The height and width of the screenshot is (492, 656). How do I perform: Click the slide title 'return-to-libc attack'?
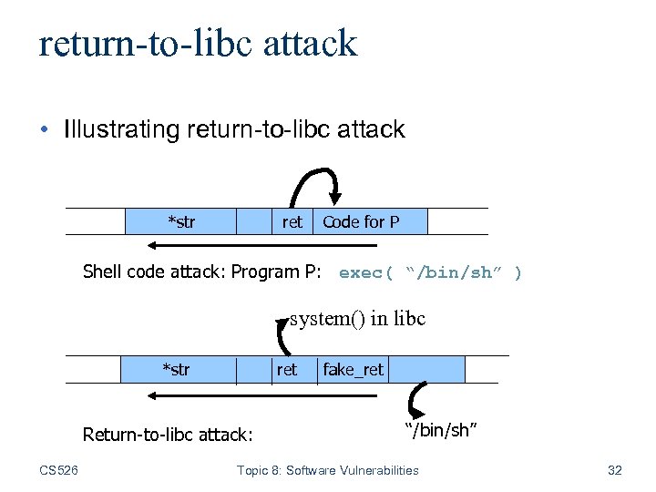198,43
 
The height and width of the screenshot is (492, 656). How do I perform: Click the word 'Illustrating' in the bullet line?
122,129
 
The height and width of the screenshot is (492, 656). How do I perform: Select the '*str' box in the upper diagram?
180,221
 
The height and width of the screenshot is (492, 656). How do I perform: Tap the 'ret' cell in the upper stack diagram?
292,221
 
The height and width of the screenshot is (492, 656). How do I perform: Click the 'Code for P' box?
362,221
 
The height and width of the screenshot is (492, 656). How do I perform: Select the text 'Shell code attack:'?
155,272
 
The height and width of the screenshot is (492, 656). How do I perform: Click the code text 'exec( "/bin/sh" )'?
430,272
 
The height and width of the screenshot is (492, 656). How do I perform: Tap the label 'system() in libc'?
357,319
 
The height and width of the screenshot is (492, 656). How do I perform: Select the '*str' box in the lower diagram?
177,369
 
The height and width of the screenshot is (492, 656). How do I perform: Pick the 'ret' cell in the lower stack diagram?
286,369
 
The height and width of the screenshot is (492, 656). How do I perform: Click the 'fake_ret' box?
354,369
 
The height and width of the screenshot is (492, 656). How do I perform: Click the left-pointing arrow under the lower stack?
228,395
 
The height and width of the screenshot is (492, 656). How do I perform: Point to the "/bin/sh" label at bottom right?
441,429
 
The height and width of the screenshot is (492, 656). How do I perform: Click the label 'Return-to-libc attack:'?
168,435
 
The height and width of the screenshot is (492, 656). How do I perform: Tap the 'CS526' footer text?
59,470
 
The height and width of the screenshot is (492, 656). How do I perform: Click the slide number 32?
614,470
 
